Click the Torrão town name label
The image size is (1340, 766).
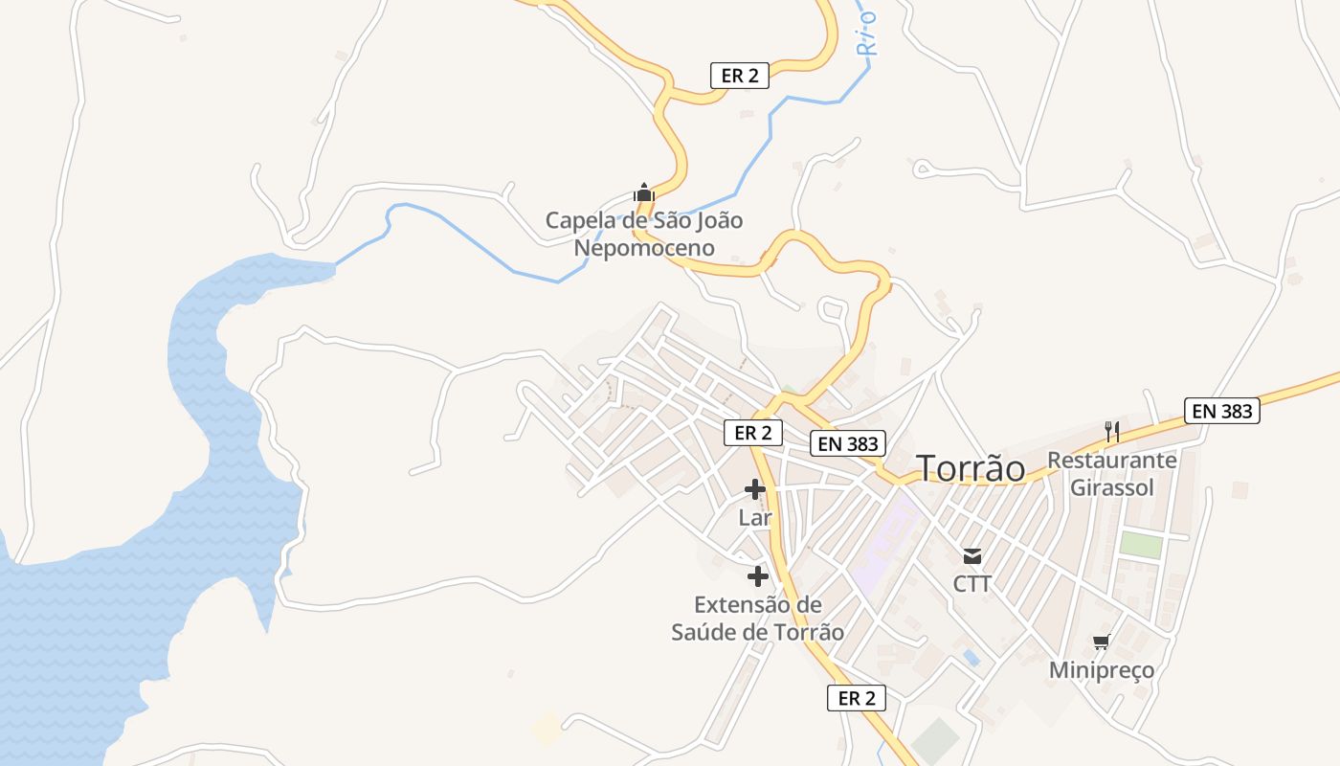point(971,468)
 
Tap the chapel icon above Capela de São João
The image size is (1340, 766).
point(643,192)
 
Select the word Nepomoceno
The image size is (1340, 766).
point(643,248)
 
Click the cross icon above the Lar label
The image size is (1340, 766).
point(755,489)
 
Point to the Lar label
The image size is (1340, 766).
point(755,518)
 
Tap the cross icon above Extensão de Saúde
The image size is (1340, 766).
point(757,576)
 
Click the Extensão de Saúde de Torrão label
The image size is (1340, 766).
point(757,619)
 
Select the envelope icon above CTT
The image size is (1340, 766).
point(972,556)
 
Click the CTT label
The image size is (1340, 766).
point(972,583)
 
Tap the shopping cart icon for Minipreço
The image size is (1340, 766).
point(1101,642)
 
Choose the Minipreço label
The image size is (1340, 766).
point(1101,669)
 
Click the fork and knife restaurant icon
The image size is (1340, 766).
point(1111,432)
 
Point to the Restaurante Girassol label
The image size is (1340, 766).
point(1111,473)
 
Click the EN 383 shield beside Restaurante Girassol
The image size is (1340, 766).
point(1221,411)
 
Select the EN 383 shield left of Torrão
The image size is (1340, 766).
point(848,443)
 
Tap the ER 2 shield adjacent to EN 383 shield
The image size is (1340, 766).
point(753,433)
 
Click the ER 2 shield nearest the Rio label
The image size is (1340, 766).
point(740,76)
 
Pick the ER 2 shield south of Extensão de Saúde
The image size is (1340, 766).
point(856,698)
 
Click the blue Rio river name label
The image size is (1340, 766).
point(867,34)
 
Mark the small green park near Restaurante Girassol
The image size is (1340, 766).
point(1141,545)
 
